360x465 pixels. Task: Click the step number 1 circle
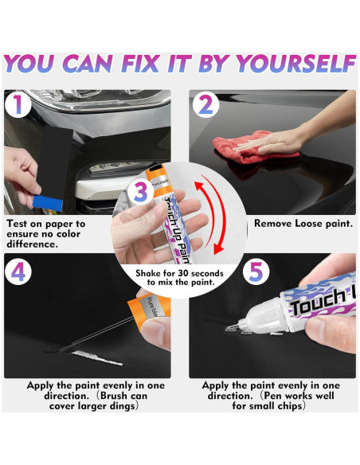tap(18, 104)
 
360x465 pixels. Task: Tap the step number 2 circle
tap(205, 104)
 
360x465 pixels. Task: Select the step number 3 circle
tap(140, 191)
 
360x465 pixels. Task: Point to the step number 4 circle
tap(18, 272)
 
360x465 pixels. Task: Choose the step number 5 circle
tap(256, 272)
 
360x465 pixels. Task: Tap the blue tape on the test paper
tap(48, 203)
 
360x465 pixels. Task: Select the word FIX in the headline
tap(139, 64)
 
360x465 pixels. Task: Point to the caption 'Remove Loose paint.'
tap(303, 223)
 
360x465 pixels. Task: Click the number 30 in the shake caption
tap(183, 273)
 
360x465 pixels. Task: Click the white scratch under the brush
tap(97, 358)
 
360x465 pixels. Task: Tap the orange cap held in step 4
tap(149, 309)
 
